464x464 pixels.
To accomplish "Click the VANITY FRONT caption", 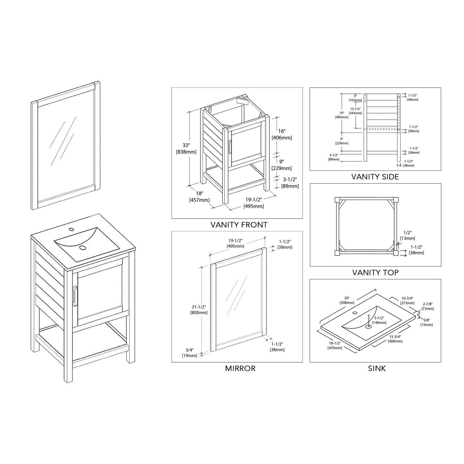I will pyautogui.click(x=239, y=225).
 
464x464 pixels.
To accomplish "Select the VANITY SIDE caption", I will pyautogui.click(x=375, y=177).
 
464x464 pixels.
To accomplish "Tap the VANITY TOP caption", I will pyautogui.click(x=375, y=273).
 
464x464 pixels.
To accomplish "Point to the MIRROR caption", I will pyautogui.click(x=240, y=368).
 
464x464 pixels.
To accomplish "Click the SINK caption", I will pyautogui.click(x=377, y=368).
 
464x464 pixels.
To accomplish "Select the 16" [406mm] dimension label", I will pyautogui.click(x=282, y=134).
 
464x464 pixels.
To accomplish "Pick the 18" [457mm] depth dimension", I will pyautogui.click(x=199, y=197).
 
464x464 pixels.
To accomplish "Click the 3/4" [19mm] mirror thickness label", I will pyautogui.click(x=189, y=353).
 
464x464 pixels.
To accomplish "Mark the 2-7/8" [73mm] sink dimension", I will pyautogui.click(x=428, y=306).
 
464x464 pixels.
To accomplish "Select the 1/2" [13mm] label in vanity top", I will pyautogui.click(x=407, y=235).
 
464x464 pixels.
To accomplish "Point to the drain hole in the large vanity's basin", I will pyautogui.click(x=83, y=248).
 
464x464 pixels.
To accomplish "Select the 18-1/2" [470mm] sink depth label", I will pyautogui.click(x=335, y=346).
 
